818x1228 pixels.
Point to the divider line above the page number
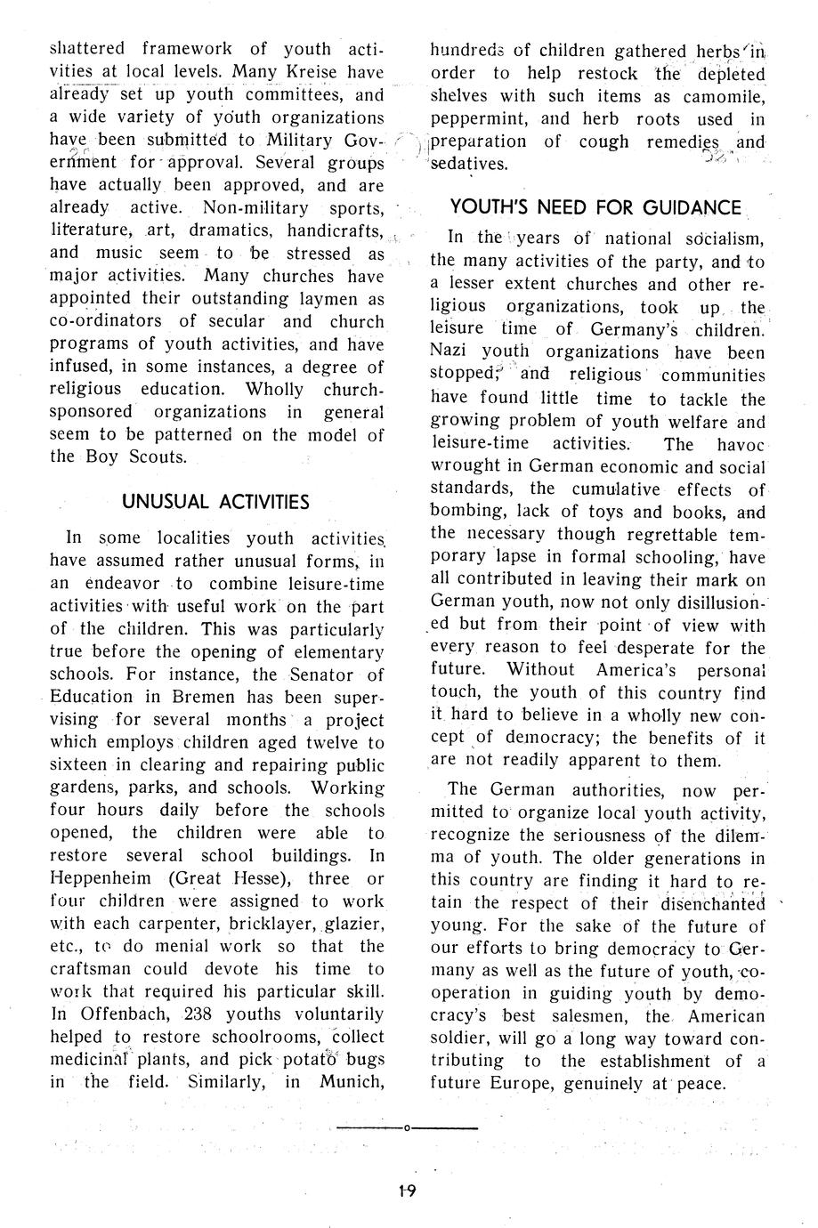click(407, 1128)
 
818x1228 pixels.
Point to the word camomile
click(722, 96)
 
